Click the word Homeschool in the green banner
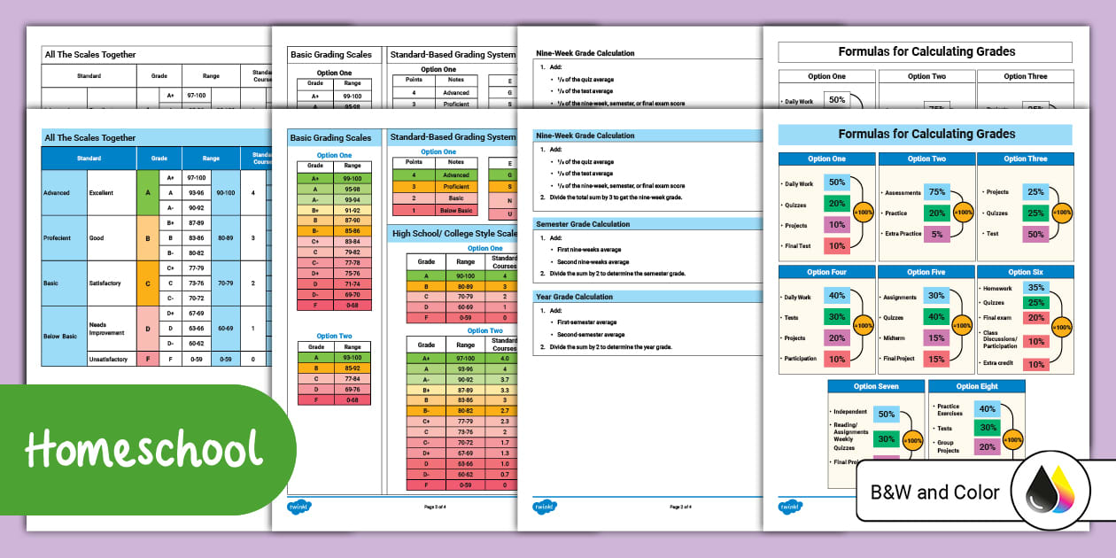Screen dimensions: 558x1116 click(x=143, y=450)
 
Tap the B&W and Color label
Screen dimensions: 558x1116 click(x=934, y=492)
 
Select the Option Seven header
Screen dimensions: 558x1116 click(x=876, y=386)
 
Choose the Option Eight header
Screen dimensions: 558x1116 click(x=976, y=386)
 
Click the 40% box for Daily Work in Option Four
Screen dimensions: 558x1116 click(x=836, y=296)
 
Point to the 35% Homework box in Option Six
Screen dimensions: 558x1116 click(x=1035, y=288)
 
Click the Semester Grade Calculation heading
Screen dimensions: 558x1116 click(x=583, y=224)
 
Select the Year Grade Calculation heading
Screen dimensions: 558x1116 click(x=574, y=297)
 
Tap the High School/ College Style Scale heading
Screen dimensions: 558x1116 click(x=454, y=234)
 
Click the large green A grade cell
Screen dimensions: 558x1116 click(x=148, y=192)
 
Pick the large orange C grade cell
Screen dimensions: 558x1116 click(x=148, y=283)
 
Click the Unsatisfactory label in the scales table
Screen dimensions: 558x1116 click(x=108, y=360)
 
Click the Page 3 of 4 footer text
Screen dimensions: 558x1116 click(x=435, y=507)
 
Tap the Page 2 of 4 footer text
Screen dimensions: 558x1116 click(x=680, y=507)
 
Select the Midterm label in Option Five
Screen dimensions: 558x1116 click(x=894, y=338)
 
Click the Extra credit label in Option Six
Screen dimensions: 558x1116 click(x=997, y=363)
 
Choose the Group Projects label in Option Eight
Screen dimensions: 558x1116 click(x=948, y=447)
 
